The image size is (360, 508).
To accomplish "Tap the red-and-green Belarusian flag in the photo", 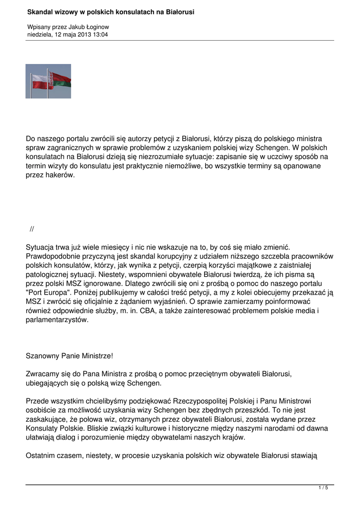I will [61, 79].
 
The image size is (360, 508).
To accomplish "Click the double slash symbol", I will [32, 229].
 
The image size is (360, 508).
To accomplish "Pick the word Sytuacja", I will [41, 247].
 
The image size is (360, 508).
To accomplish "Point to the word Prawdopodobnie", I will [53, 256].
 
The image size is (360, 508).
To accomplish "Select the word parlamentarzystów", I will [57, 320].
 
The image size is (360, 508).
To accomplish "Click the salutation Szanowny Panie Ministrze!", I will [69, 356].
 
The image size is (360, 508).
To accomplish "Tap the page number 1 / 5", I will [323, 488].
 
